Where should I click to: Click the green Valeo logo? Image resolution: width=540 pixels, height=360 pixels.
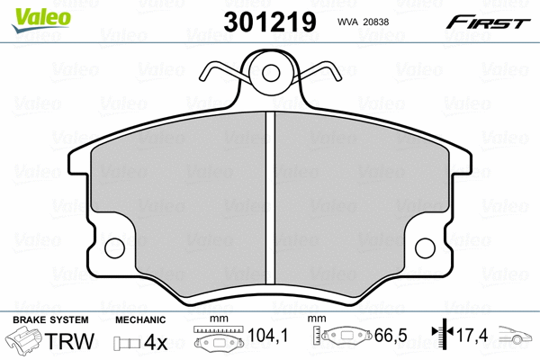point(41,20)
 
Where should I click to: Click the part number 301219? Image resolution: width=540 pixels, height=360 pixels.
point(270,22)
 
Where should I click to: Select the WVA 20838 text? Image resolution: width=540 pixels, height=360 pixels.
point(363,22)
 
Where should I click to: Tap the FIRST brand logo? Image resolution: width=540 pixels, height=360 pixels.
point(488,22)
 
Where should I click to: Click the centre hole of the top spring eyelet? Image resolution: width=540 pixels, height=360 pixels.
point(271,73)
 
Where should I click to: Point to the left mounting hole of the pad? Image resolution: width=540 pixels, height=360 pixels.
point(114,248)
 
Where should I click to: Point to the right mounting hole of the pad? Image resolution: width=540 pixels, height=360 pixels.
point(426,248)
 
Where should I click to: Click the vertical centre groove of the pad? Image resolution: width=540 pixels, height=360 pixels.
point(271,198)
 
